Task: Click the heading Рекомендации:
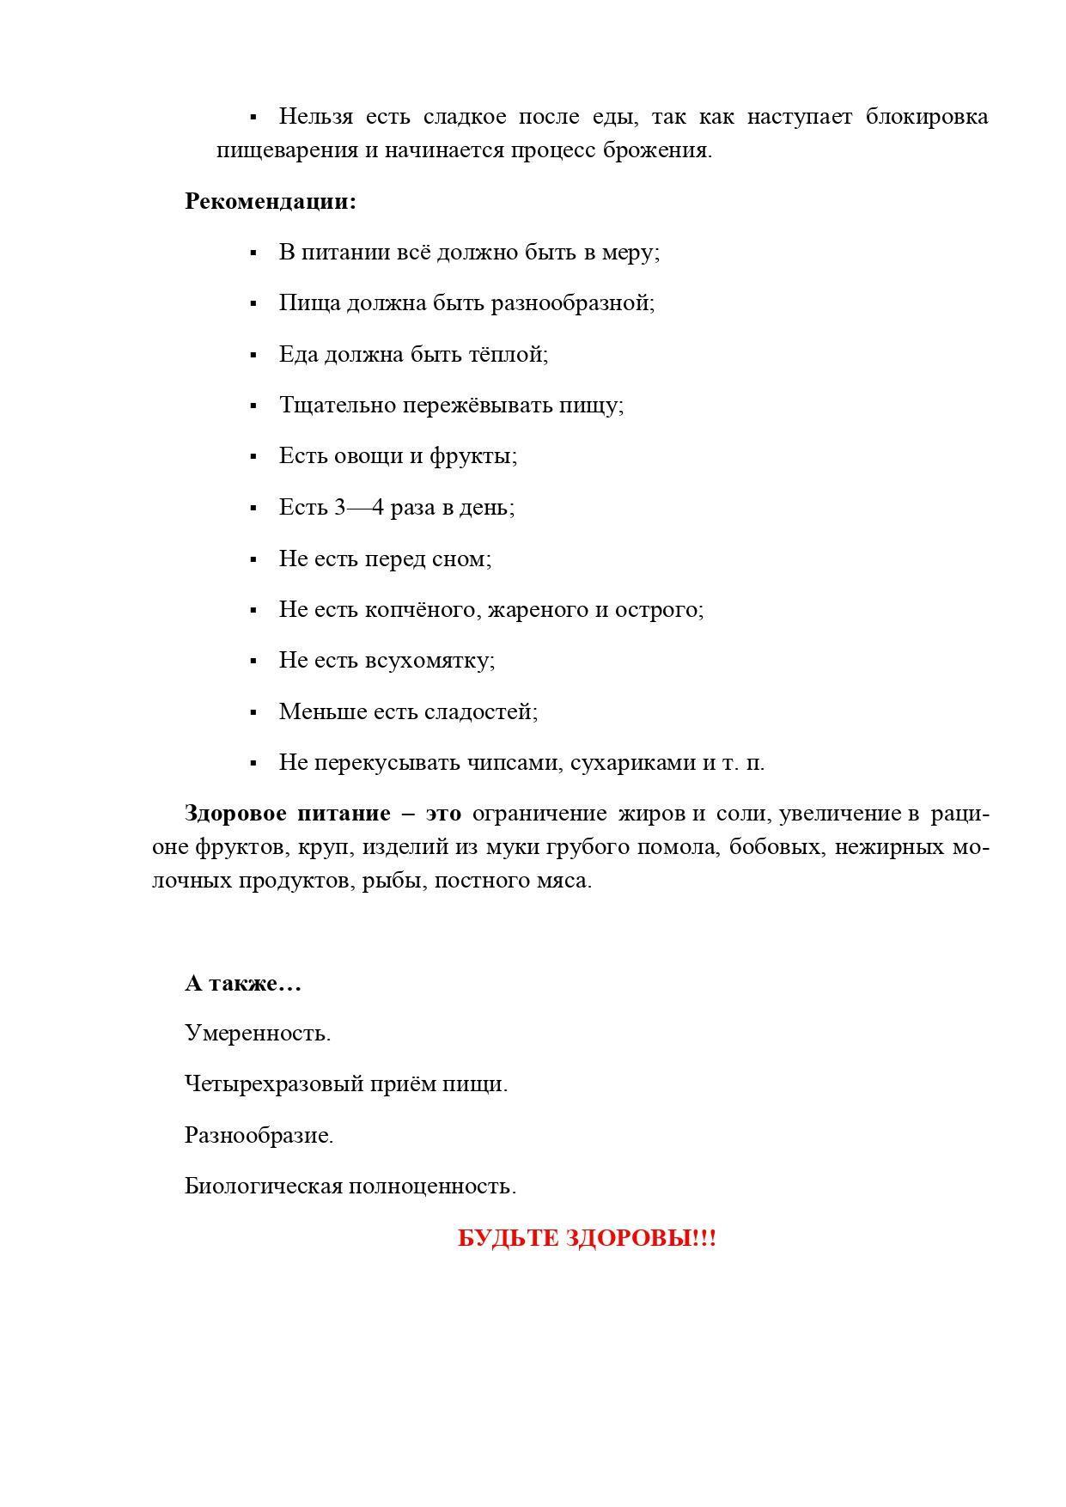[270, 202]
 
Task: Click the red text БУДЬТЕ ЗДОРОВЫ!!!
[586, 1238]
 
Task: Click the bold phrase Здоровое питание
[288, 813]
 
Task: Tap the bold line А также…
[243, 983]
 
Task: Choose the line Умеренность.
[258, 1033]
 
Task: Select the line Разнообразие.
[259, 1135]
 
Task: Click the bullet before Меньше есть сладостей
[253, 712]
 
